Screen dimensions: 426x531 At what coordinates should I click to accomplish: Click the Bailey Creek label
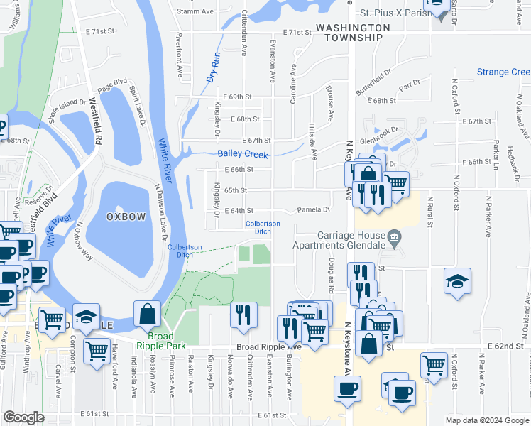click(x=242, y=153)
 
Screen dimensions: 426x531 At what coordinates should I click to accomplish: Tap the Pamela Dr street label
click(x=314, y=210)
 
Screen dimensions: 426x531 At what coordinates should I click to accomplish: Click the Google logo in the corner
click(x=23, y=417)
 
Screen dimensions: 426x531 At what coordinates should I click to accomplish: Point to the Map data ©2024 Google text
click(x=487, y=420)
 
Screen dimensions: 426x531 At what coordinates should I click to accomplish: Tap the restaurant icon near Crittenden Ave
click(x=243, y=314)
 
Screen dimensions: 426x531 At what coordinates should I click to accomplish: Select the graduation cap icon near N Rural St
click(x=458, y=281)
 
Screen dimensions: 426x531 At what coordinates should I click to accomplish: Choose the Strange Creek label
click(x=503, y=72)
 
